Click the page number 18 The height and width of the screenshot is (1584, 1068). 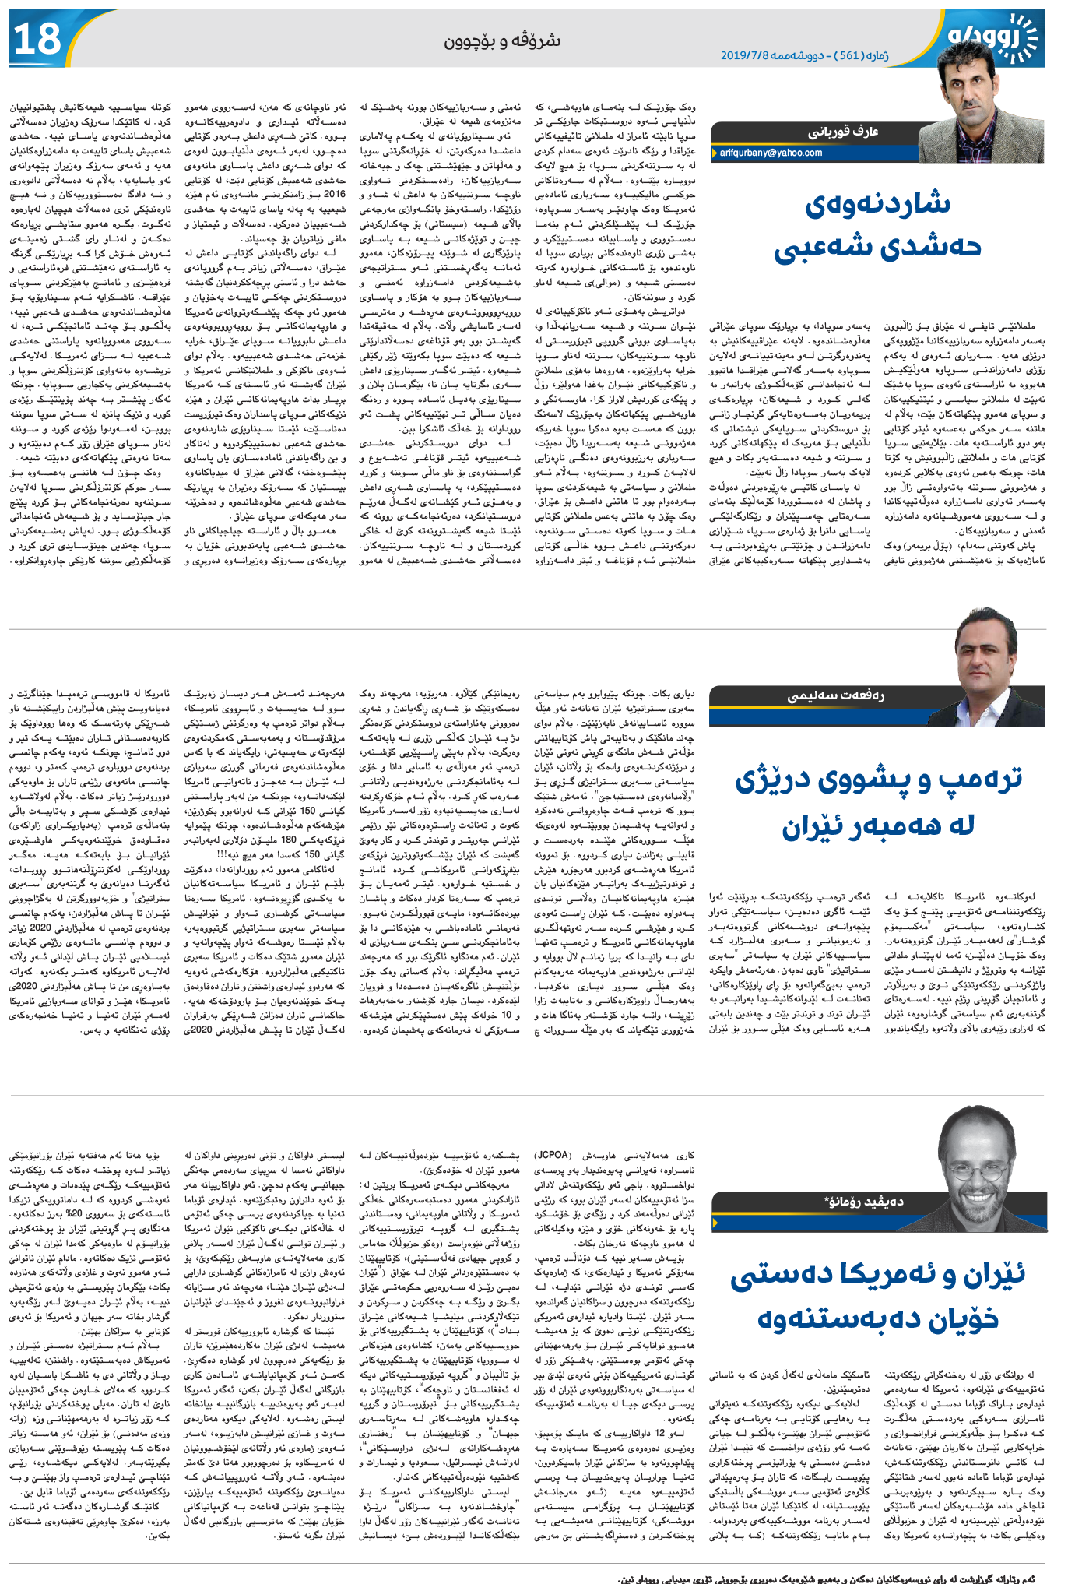pyautogui.click(x=38, y=39)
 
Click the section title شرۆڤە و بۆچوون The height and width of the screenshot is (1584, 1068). pyautogui.click(x=502, y=40)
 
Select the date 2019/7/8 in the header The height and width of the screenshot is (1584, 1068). pyautogui.click(x=745, y=55)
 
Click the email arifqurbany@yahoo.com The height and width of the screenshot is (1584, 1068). pyautogui.click(x=771, y=153)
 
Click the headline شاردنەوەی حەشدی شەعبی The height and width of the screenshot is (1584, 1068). pyautogui.click(x=877, y=226)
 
